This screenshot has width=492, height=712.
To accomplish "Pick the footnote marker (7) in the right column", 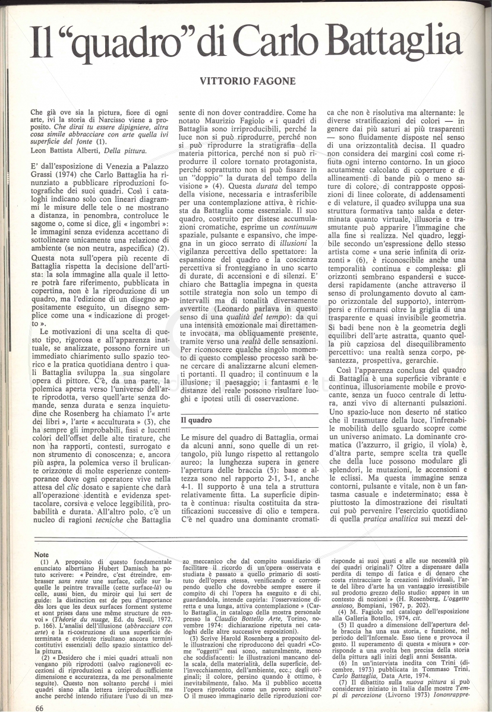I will [x=343, y=683].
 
